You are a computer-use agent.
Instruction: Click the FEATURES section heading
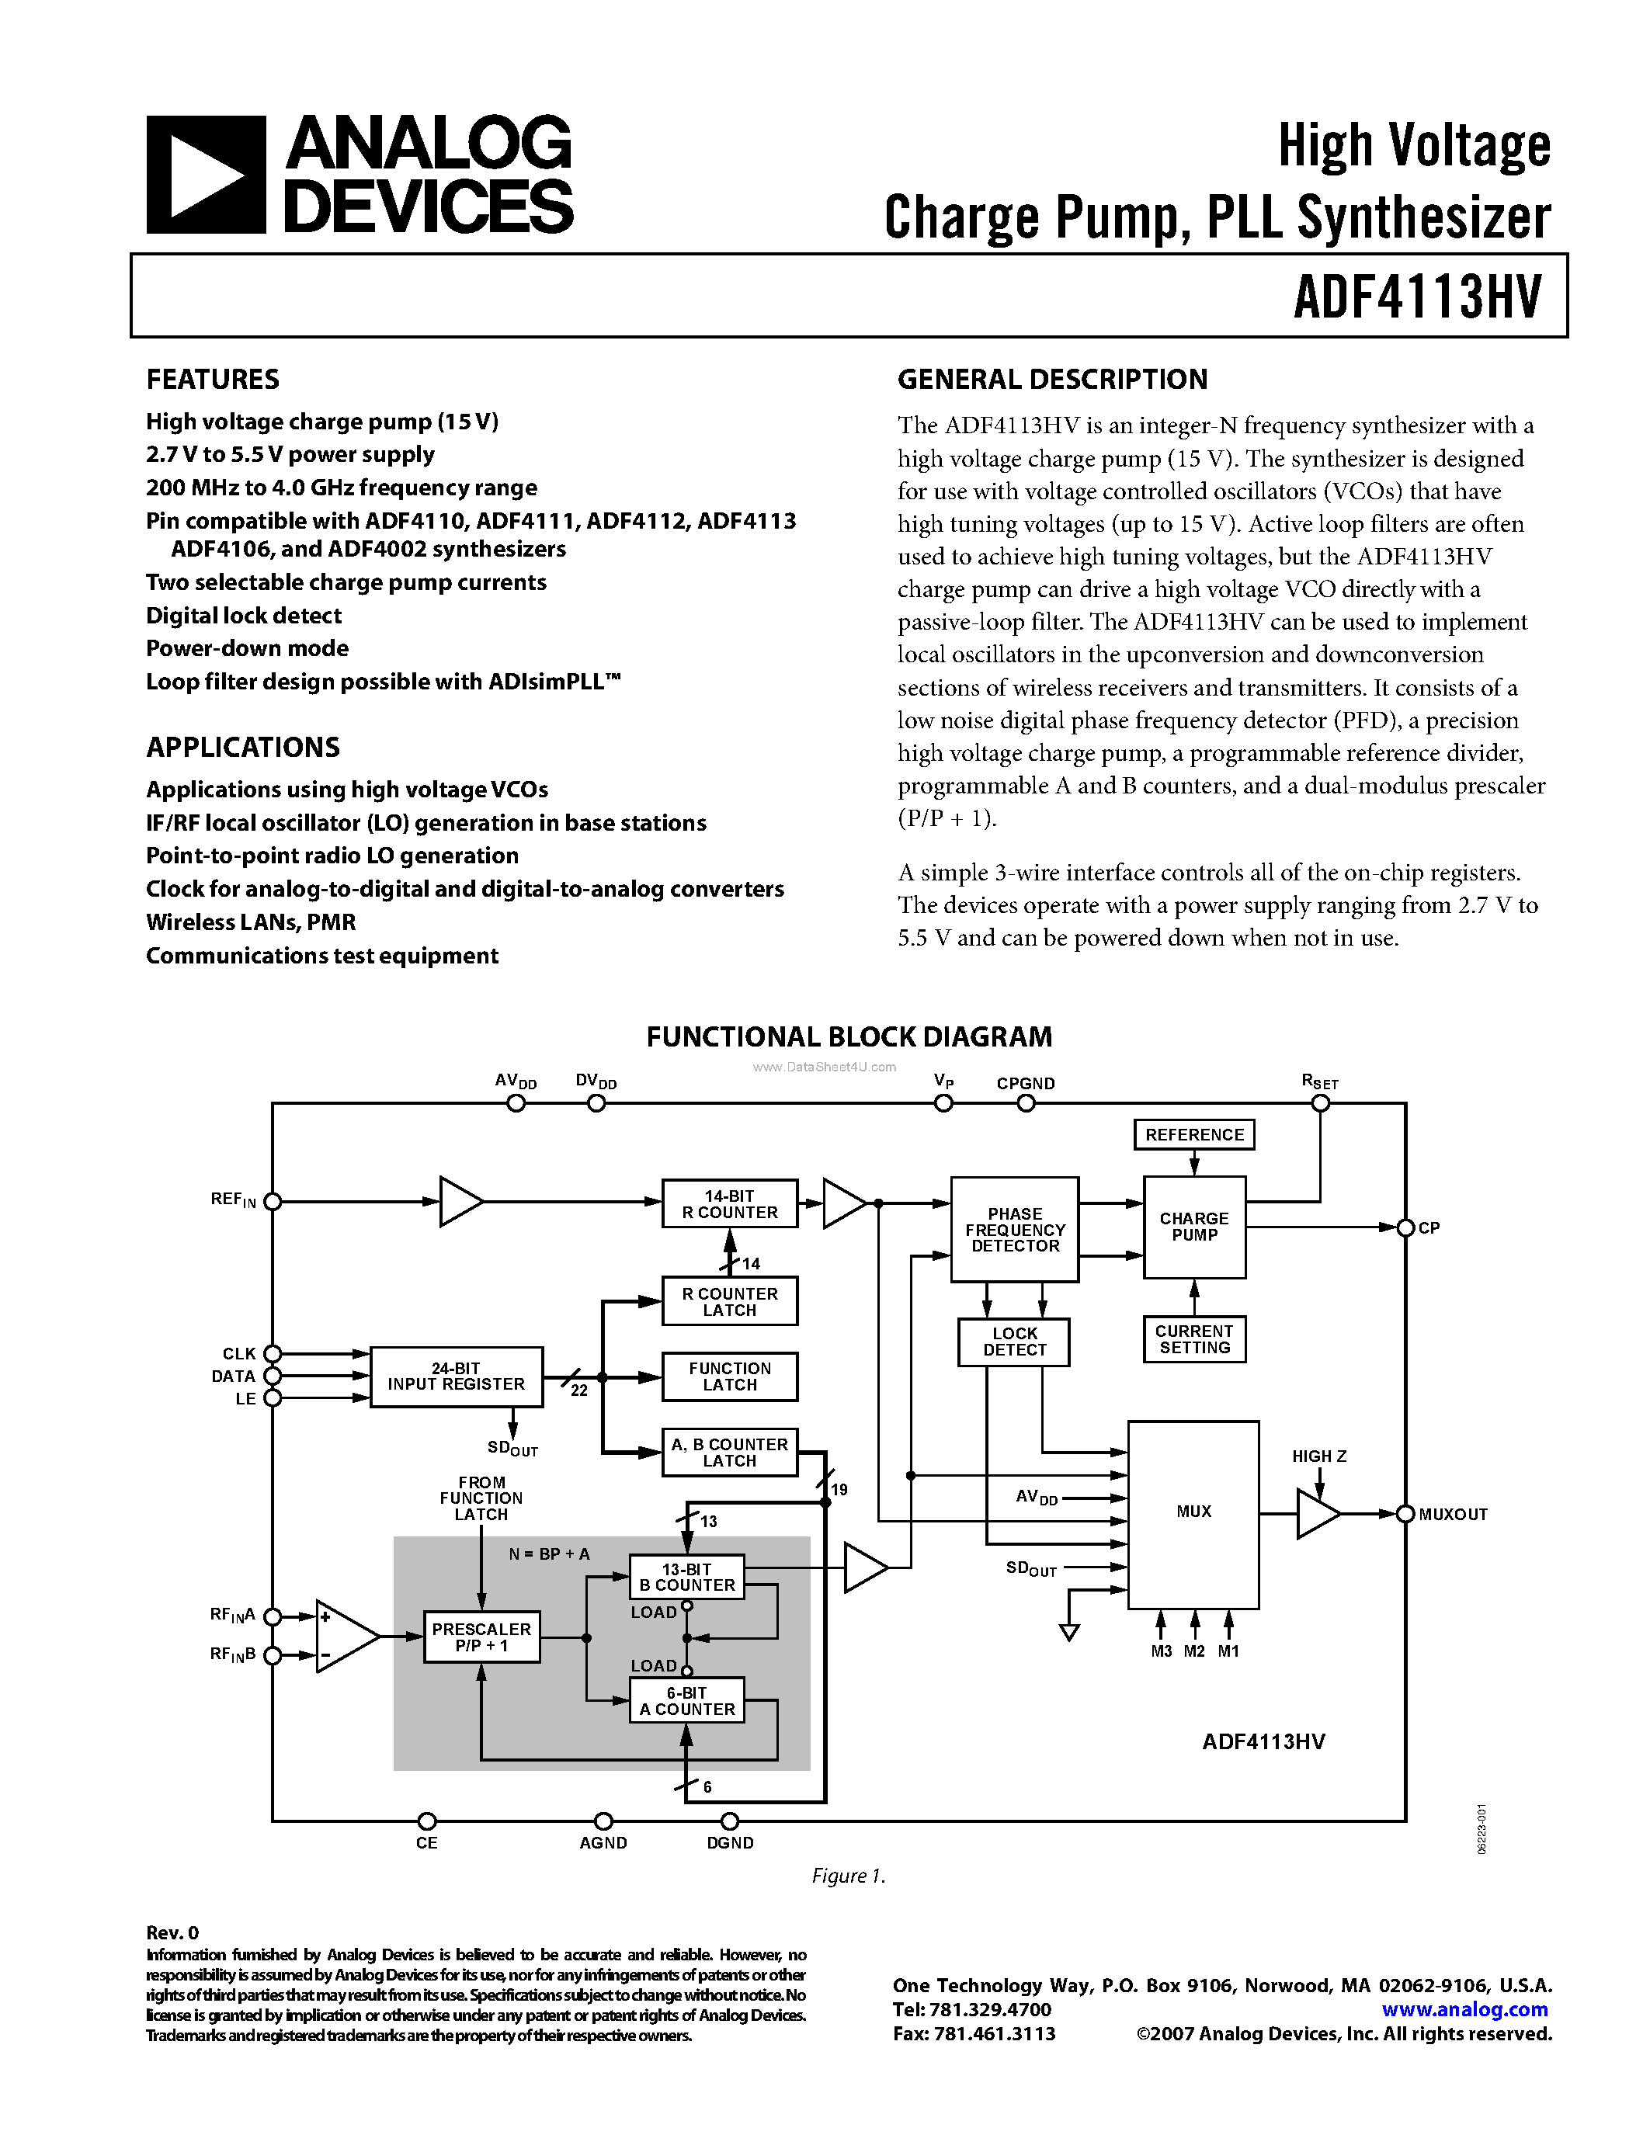212,380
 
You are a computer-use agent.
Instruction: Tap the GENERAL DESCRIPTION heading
1052,380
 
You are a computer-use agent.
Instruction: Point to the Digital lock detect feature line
243,616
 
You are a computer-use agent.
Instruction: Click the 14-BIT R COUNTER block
729,1203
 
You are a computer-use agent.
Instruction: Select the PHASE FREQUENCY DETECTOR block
1015,1230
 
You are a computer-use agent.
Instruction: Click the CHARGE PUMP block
1193,1227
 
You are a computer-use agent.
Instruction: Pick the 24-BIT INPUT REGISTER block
456,1376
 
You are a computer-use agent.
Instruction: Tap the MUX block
1193,1512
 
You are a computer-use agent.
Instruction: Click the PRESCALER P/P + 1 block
481,1637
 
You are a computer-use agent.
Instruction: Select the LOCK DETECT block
1013,1342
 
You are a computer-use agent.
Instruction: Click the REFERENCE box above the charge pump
1193,1135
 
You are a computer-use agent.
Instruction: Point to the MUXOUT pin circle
1405,1514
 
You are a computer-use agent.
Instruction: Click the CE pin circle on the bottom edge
426,1821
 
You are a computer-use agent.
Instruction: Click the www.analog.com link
1464,2010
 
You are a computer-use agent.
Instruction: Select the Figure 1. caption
847,1876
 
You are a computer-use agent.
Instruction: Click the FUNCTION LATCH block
729,1376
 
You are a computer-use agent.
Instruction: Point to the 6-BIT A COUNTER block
686,1701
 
